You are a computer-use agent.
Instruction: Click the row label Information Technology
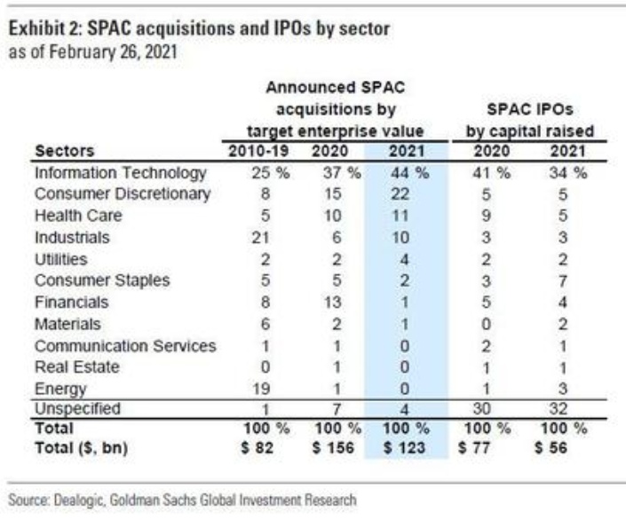(120, 173)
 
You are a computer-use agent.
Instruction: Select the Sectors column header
(61, 151)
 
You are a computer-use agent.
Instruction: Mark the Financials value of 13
(330, 302)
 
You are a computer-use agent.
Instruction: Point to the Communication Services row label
(125, 344)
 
